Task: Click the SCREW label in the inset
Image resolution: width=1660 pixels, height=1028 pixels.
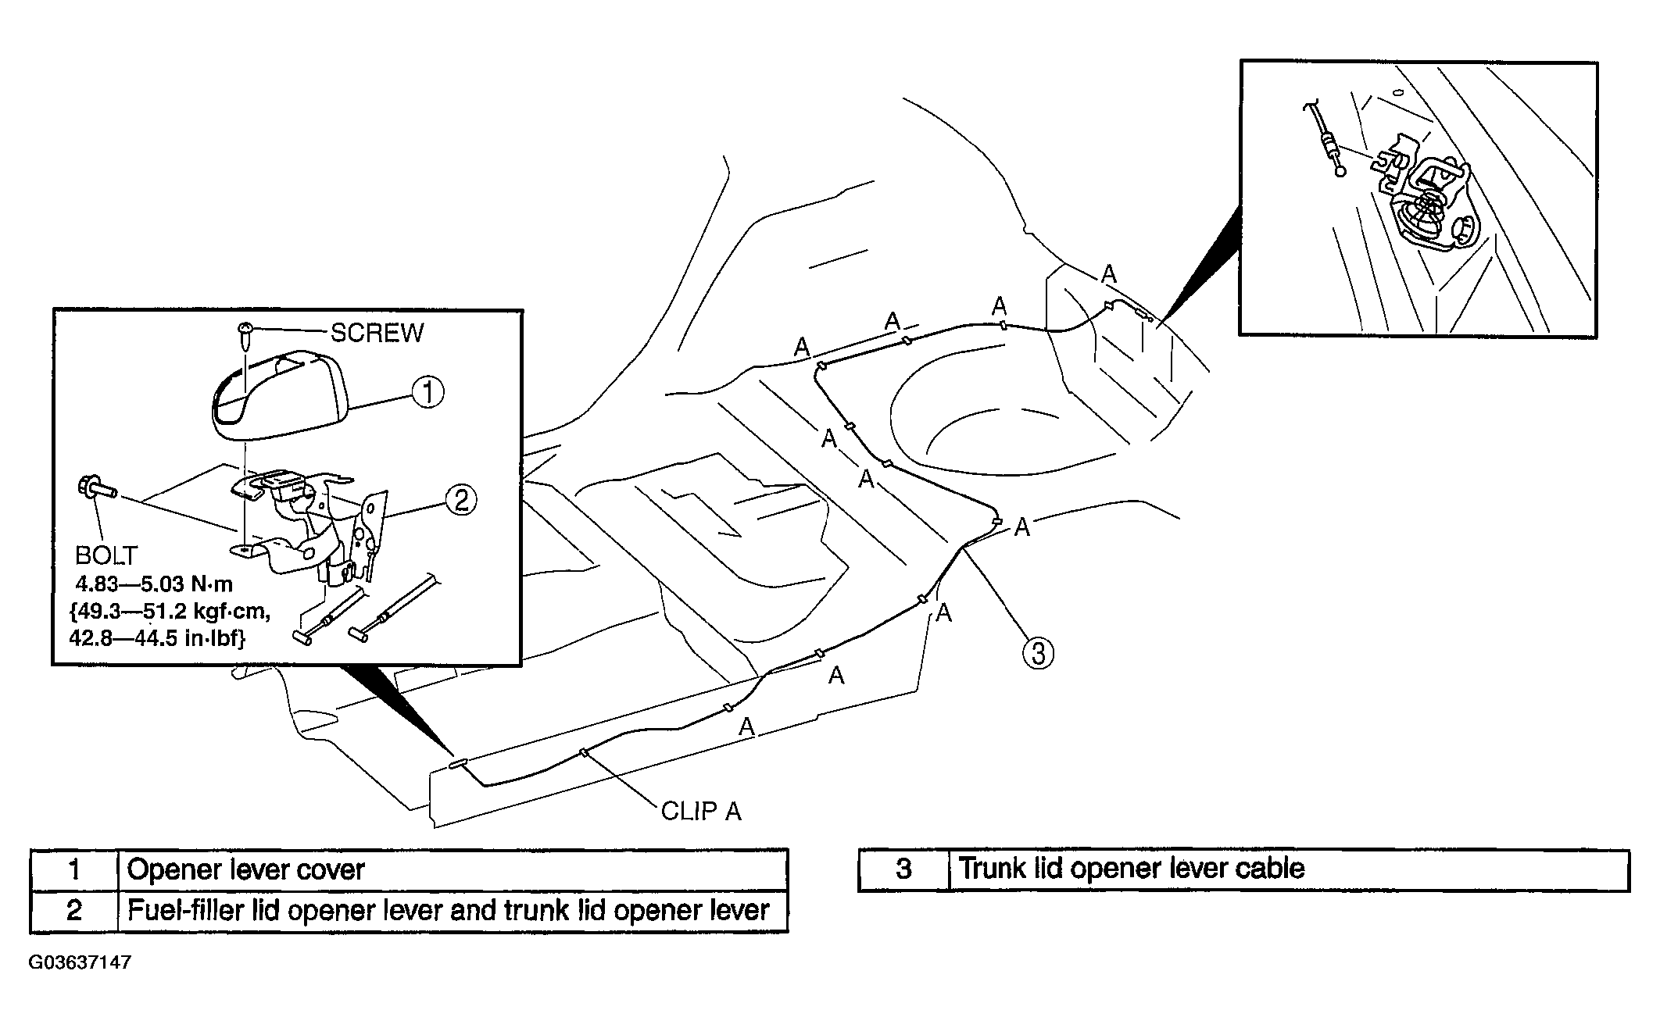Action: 377,333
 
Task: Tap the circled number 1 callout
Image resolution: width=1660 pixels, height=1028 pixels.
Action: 428,391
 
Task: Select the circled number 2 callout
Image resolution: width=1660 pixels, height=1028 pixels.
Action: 461,499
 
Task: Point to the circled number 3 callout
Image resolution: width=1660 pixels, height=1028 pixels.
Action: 1037,652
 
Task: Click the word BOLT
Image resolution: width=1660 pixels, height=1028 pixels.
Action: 106,555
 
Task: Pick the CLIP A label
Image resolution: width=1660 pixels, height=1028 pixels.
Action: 701,812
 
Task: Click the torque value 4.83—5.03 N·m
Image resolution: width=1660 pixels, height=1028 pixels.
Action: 154,584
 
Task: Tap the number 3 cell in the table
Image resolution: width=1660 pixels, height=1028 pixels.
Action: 903,869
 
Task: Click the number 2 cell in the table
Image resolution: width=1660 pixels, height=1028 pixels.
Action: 74,911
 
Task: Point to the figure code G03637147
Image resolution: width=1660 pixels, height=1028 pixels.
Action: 80,962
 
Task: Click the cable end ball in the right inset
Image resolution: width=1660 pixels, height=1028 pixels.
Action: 1341,171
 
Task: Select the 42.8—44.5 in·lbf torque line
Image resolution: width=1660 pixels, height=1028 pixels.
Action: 157,638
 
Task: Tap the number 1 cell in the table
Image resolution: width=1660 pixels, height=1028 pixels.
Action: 74,869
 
